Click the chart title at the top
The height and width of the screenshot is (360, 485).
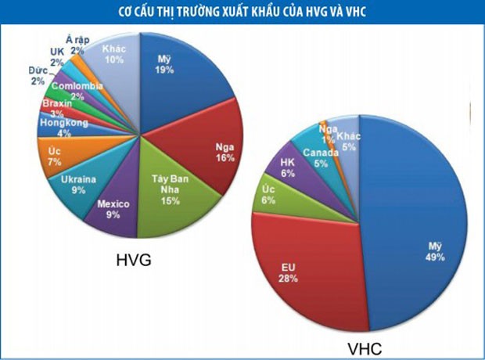coord(242,11)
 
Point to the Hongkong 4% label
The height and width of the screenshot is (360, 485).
coord(59,128)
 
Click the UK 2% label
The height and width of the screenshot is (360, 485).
coord(56,57)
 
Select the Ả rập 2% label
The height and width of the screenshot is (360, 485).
coord(77,44)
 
